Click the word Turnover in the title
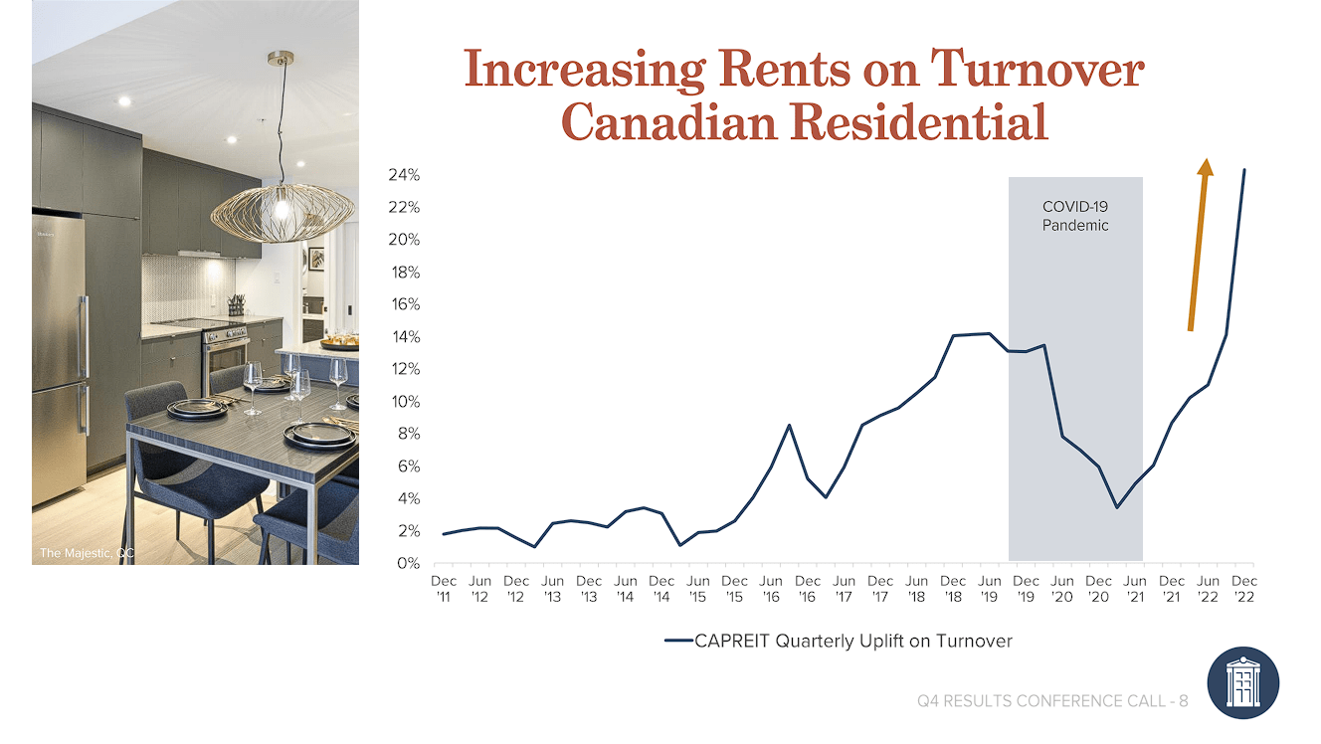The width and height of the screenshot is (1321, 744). pos(1037,71)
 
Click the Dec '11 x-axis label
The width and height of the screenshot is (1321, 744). pos(444,588)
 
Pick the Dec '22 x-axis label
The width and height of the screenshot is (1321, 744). pos(1244,588)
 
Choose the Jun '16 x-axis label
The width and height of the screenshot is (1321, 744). pos(771,588)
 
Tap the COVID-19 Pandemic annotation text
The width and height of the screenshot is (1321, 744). pos(1075,216)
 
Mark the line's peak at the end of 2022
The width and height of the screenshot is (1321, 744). pos(1244,170)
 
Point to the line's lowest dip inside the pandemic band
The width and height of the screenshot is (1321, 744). pos(1117,507)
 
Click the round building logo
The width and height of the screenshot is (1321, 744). pos(1242,683)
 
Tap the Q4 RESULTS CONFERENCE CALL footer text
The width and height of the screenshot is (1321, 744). pos(1052,701)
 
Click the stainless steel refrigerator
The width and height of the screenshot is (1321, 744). pos(59,358)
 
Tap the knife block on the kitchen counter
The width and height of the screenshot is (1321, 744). pos(236,304)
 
